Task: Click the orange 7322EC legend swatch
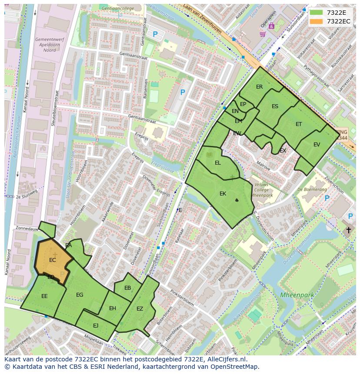point(316,21)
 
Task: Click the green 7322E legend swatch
point(316,13)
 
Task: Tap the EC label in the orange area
point(53,260)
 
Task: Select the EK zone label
point(223,194)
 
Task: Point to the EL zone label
point(218,163)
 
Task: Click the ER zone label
point(260,87)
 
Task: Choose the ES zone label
point(275,106)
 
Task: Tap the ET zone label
point(299,124)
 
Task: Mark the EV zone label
point(317,145)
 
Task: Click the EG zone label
point(80,295)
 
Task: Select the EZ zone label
point(140,309)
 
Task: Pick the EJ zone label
point(96,325)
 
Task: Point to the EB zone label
point(127,288)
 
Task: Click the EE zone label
point(44,296)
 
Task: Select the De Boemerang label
point(312,189)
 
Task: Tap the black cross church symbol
point(348,230)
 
